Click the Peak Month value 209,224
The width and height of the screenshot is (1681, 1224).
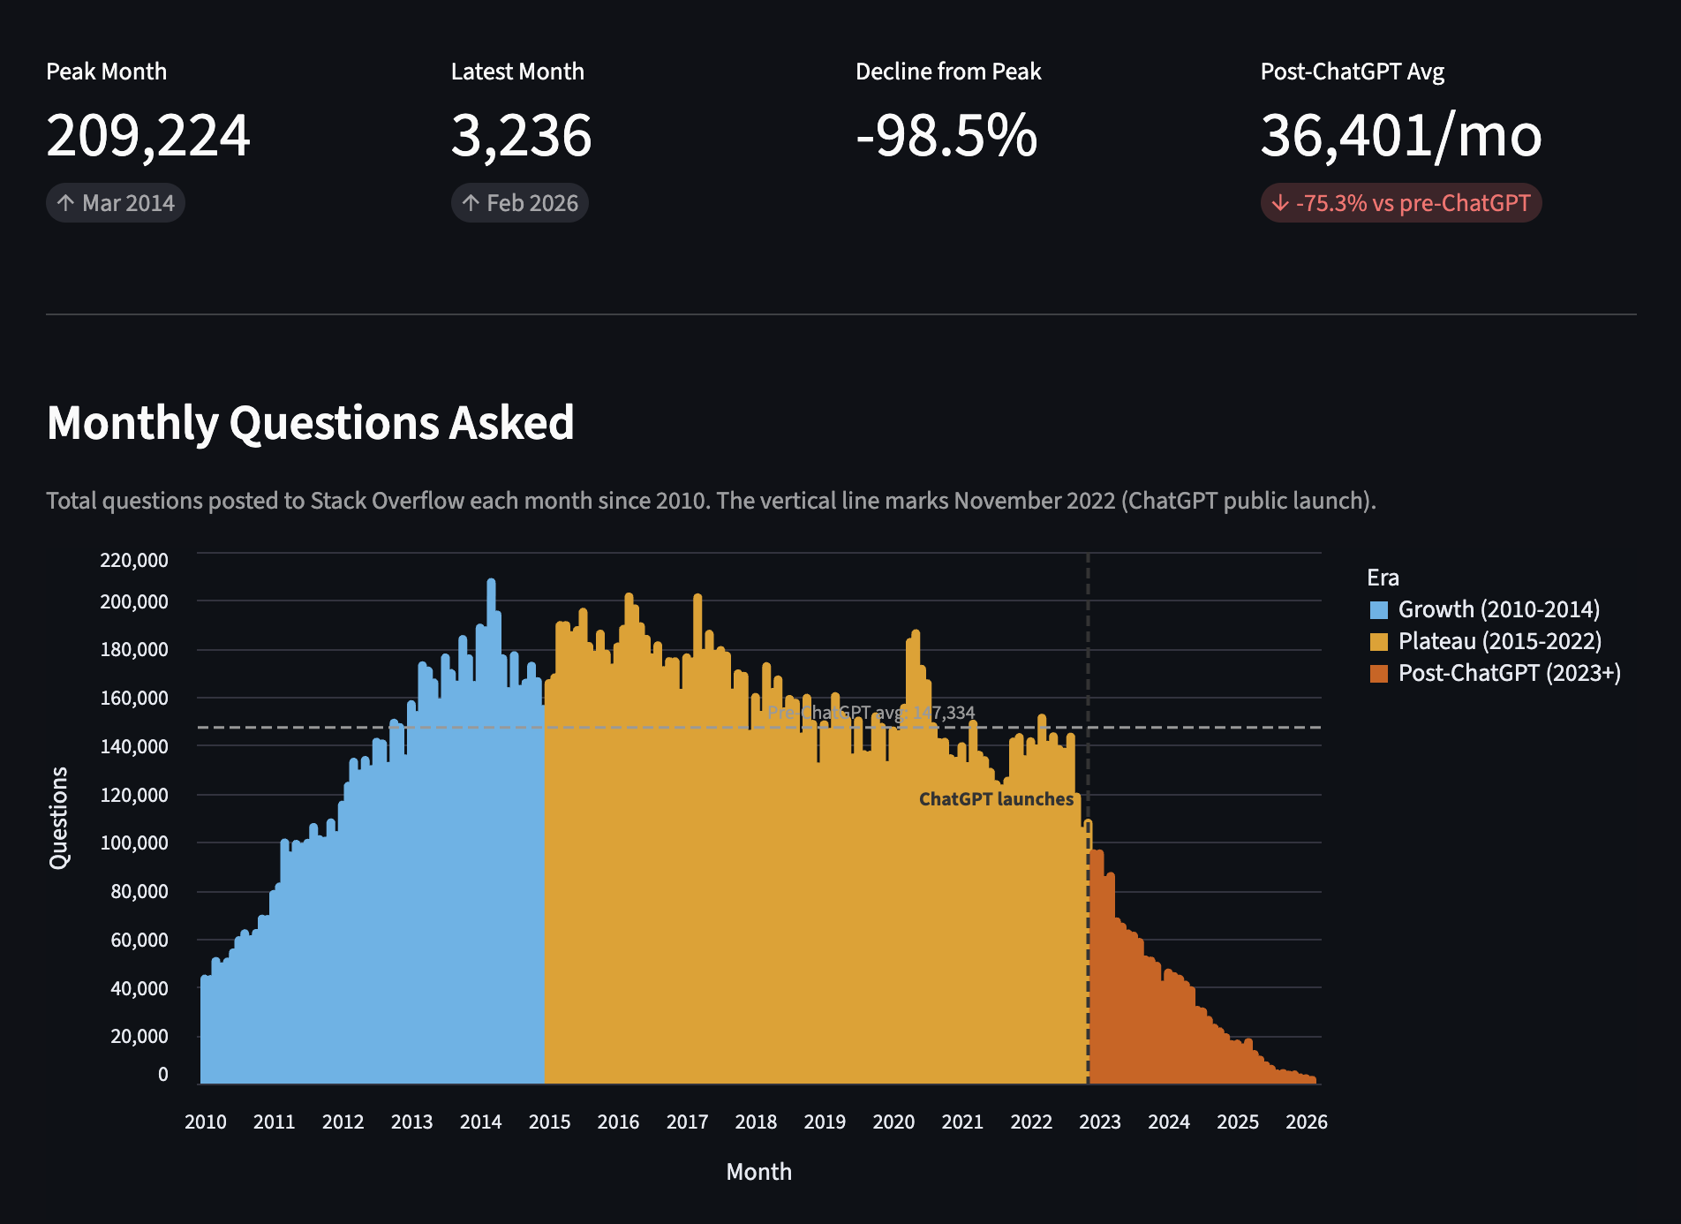point(148,136)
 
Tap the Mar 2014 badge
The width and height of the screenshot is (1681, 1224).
point(116,203)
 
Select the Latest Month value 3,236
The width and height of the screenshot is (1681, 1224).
point(521,136)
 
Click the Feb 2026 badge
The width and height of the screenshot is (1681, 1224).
point(520,203)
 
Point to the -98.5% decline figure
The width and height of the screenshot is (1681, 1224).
point(946,136)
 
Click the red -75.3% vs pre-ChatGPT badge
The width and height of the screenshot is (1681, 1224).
point(1400,203)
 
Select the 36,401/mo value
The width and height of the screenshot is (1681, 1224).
point(1401,136)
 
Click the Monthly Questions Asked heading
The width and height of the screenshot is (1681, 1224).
point(311,422)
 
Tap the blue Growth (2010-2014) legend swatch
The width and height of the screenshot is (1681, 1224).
point(1378,609)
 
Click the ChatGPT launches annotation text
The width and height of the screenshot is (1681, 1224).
point(996,799)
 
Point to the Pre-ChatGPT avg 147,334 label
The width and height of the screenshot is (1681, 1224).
point(871,713)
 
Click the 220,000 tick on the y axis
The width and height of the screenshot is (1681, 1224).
point(134,560)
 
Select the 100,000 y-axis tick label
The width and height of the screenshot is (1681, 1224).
point(134,842)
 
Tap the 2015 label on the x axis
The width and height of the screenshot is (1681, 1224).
point(549,1122)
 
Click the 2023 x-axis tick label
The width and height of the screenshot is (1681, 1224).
point(1100,1122)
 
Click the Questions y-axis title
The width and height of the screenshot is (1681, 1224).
point(58,818)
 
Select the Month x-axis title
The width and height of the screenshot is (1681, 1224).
point(758,1172)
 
